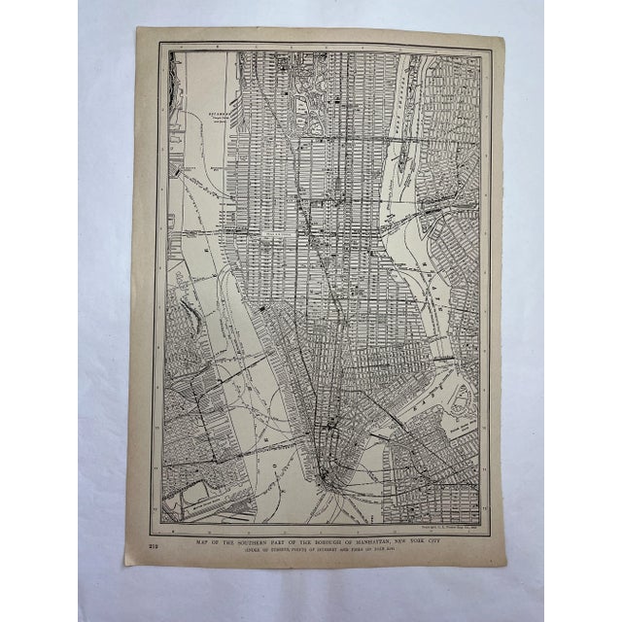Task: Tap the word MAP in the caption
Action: click(203, 533)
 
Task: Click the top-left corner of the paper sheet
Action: click(137, 28)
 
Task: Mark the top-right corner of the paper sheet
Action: click(502, 36)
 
